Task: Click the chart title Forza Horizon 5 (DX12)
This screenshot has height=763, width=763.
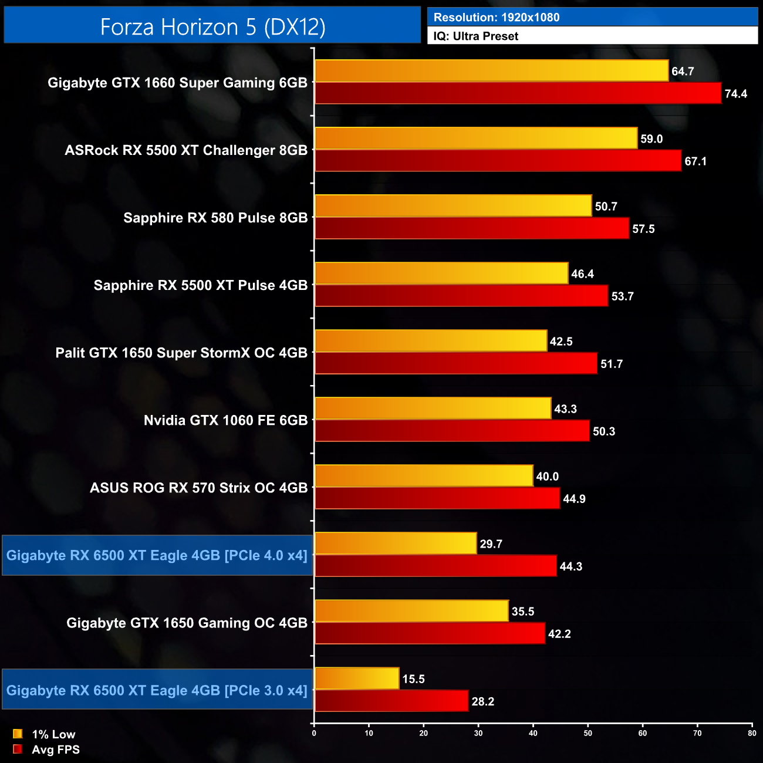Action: [x=212, y=27]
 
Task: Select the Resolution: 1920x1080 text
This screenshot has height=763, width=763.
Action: [x=497, y=18]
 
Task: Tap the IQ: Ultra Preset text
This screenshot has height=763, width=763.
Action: [x=476, y=36]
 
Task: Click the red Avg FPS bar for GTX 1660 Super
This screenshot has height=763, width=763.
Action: [x=518, y=93]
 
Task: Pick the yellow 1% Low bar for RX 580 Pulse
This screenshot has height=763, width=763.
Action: [x=453, y=206]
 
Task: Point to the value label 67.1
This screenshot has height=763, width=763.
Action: [x=696, y=161]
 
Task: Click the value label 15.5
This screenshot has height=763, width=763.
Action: [x=413, y=679]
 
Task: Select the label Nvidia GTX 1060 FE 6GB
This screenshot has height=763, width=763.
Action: [x=225, y=420]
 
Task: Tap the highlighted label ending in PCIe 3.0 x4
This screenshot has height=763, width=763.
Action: [x=157, y=690]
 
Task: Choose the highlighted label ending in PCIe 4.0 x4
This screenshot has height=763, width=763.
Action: [x=157, y=555]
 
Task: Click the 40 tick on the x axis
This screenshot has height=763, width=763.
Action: [x=533, y=733]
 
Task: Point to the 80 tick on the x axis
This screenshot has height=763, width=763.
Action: [x=752, y=733]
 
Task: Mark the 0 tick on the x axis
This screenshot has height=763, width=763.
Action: [x=314, y=733]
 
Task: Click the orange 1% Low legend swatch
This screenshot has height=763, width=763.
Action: [x=18, y=734]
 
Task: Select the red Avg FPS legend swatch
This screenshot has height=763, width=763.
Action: [x=18, y=749]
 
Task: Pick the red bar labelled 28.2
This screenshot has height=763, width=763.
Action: [x=391, y=701]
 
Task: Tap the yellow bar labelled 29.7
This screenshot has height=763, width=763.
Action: [x=396, y=543]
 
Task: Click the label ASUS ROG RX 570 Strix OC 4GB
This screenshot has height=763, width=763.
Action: [x=198, y=488]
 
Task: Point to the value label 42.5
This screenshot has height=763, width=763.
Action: [x=561, y=342]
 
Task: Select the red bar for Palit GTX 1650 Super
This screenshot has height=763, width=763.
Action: [x=456, y=363]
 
